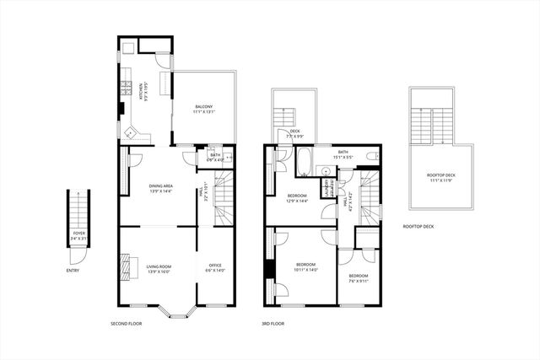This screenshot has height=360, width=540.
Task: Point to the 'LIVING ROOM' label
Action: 159,266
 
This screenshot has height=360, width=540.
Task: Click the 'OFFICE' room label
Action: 214,266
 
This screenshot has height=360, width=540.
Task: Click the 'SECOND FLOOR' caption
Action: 127,324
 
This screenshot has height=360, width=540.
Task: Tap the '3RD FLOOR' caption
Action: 273,324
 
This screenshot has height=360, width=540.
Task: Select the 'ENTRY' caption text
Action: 74,271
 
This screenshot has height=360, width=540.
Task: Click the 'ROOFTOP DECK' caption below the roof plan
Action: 418,226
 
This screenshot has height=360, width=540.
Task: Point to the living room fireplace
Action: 127,266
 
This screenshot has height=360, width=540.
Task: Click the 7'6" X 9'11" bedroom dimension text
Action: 359,282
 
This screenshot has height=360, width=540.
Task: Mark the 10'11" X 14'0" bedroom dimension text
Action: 306,270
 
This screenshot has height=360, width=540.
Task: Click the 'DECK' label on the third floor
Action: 294,131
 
